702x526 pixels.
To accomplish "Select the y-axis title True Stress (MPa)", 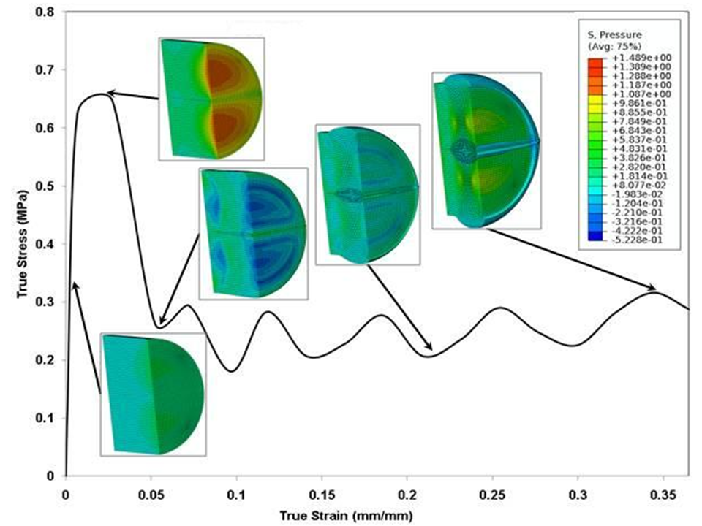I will click(x=23, y=244).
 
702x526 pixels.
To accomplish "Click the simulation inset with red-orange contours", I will click(x=211, y=98).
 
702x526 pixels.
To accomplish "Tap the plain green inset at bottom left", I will click(x=152, y=394).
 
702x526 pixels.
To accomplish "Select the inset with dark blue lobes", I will click(x=253, y=232).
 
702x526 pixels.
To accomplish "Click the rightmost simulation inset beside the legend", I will click(x=486, y=150).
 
